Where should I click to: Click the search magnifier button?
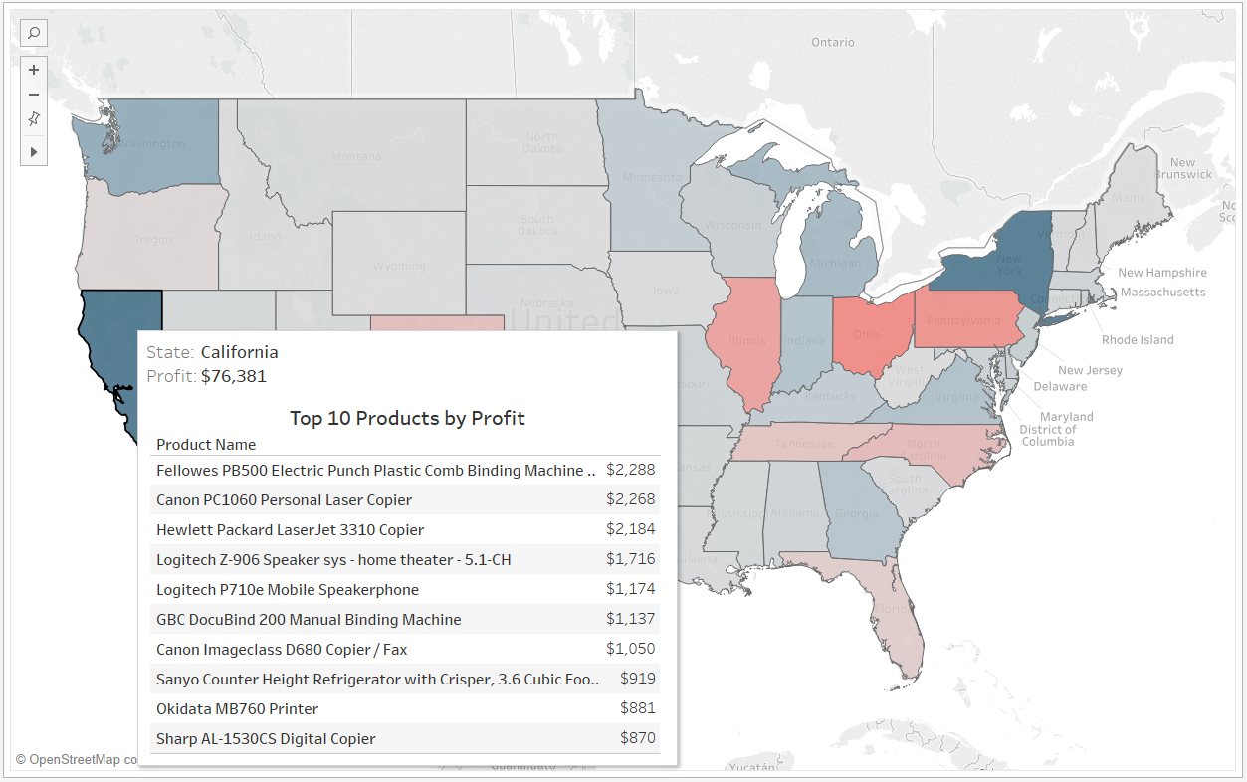34,33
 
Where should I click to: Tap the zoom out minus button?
34,95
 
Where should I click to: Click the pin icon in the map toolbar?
34,119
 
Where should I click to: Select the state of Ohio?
868,334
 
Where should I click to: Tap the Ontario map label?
832,42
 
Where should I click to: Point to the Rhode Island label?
1138,340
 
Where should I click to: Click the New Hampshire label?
1161,273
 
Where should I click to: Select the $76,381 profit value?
233,376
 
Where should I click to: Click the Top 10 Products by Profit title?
407,418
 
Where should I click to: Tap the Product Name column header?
206,445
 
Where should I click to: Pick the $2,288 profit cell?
631,470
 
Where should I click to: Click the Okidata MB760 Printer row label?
237,709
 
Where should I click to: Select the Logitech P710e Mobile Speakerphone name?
288,590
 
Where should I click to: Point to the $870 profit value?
638,738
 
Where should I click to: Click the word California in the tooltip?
239,352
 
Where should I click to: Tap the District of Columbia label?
1046,435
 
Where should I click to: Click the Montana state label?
356,156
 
